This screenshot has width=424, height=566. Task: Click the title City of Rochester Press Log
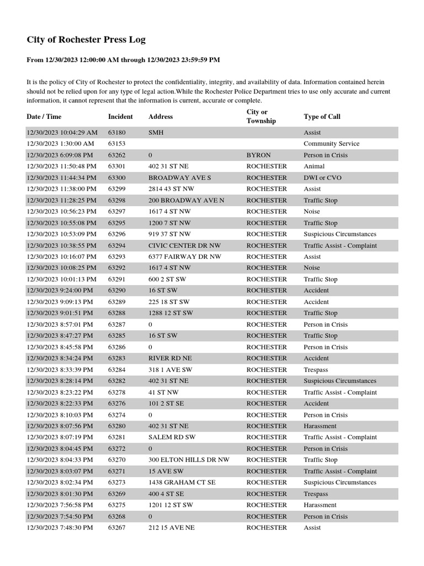86,40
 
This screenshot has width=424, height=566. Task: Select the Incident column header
120,117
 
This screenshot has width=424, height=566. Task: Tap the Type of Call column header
322,117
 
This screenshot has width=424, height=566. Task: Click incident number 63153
116,144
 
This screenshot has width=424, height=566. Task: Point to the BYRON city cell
258,155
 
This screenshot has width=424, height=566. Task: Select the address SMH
156,133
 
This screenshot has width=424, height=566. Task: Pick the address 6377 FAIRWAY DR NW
184,256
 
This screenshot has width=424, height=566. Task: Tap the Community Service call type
331,144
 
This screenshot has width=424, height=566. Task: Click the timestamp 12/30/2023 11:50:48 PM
61,166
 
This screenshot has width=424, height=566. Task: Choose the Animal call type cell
314,166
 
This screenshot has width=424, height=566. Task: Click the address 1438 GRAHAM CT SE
182,483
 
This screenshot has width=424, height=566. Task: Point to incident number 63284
116,370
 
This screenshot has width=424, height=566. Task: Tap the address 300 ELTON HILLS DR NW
189,460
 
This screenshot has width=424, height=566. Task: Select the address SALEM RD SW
172,437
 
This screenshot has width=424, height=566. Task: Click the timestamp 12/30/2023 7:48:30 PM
60,528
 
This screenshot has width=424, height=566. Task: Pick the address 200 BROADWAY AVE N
186,200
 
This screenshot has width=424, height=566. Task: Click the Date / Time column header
44,117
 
